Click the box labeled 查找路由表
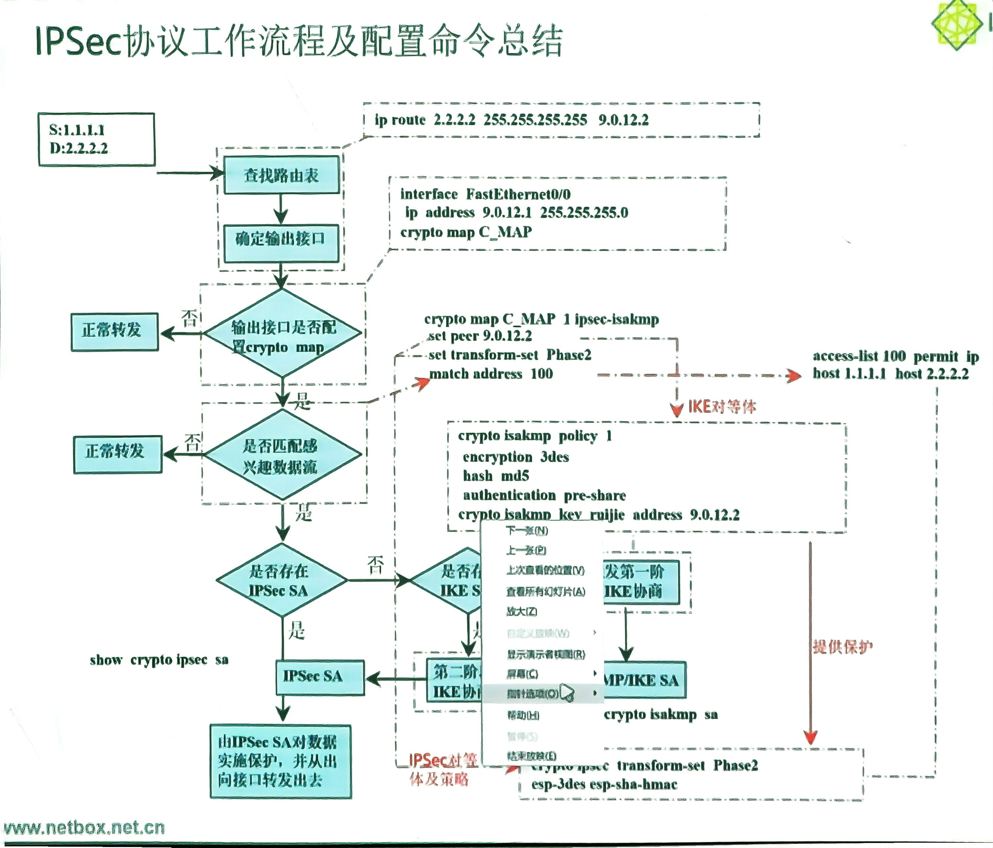[x=281, y=175]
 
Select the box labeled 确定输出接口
[x=281, y=238]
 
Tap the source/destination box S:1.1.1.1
[x=96, y=139]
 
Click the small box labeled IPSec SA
[x=320, y=677]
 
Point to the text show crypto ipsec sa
[x=159, y=660]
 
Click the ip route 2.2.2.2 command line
[x=511, y=120]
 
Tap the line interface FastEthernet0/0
[x=485, y=194]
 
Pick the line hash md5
[x=496, y=476]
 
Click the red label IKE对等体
[x=722, y=407]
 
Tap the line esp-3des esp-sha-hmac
[x=604, y=784]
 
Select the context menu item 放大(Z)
[x=522, y=612]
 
